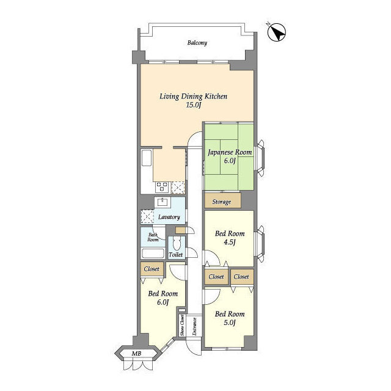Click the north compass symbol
coord(277,32)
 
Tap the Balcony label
coord(197,43)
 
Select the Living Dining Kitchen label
coord(193,97)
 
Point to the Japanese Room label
coord(230,152)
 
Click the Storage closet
coord(222,200)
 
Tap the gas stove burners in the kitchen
coord(163,187)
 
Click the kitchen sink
coord(147,158)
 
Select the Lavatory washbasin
coord(163,202)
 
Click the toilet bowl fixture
coord(176,243)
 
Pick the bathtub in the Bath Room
coord(153,254)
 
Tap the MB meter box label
coord(136,353)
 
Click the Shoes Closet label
coord(182,325)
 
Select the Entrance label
coord(194,326)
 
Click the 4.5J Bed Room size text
coord(230,242)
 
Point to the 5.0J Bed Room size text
coord(230,323)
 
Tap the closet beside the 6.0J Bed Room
coord(152,269)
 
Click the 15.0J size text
coord(193,105)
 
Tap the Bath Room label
coord(153,237)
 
